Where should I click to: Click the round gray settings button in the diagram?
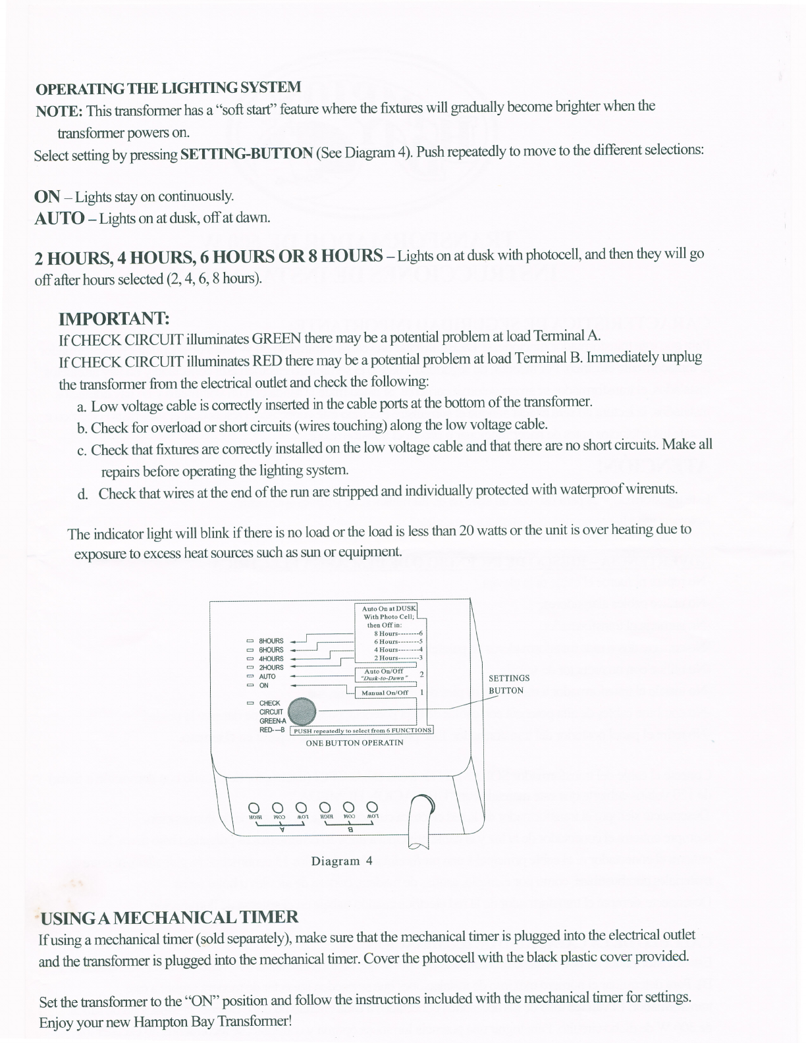302,711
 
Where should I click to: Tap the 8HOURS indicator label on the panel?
271,641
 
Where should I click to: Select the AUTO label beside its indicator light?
267,676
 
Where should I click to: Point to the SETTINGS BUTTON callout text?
508,684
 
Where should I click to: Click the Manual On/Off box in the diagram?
385,693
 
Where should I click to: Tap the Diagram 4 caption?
342,861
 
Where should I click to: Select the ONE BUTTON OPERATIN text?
354,743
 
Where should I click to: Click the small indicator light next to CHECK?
250,703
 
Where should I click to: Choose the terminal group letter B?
351,830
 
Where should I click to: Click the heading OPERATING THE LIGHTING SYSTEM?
168,88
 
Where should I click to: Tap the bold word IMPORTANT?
115,319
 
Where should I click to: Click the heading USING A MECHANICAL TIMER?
170,917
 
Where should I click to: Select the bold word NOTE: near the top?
59,110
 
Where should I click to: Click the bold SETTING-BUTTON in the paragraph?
246,154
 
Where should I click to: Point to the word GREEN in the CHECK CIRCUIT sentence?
277,339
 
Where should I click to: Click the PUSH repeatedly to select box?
363,730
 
